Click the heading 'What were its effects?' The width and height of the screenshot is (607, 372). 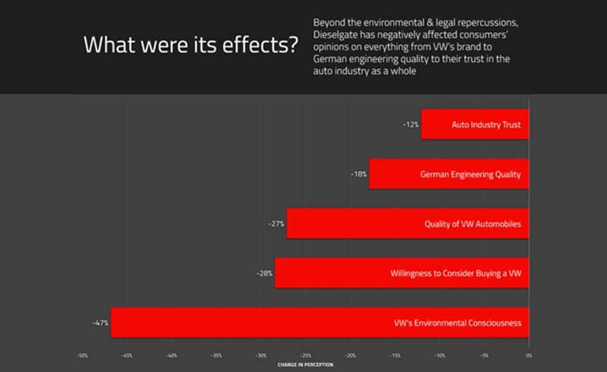[190, 46]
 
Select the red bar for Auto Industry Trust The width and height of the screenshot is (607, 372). [475, 125]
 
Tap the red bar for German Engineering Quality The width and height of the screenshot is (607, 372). [449, 174]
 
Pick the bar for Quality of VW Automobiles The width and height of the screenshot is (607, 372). [408, 224]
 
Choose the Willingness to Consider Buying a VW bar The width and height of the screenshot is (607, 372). [402, 273]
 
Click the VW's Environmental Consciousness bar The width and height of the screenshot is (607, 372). [319, 322]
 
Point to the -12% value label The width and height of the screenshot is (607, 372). [410, 125]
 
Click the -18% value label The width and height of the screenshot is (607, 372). [358, 174]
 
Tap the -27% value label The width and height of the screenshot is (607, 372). [276, 224]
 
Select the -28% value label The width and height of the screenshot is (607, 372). [265, 273]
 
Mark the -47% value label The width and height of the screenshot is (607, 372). [100, 323]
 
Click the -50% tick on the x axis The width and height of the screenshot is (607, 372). [82, 355]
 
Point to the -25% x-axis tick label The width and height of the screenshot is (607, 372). [305, 355]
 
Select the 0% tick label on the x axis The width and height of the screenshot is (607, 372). [529, 355]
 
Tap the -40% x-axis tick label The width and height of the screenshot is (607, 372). [171, 355]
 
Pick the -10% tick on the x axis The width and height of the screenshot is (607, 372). [440, 355]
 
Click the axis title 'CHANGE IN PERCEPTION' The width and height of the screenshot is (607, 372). [305, 365]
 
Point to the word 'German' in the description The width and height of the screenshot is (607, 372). [330, 59]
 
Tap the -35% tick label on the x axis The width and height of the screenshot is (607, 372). [216, 355]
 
